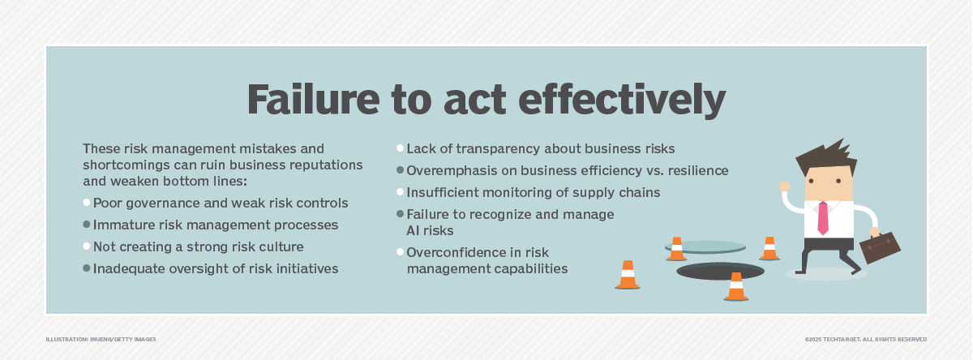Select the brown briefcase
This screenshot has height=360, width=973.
pyautogui.click(x=879, y=246)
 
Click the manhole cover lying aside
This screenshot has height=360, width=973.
pyautogui.click(x=705, y=246)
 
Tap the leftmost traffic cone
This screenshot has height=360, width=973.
pyautogui.click(x=628, y=275)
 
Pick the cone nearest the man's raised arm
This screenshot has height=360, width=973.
pyautogui.click(x=769, y=248)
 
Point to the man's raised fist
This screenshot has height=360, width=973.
pyautogui.click(x=785, y=186)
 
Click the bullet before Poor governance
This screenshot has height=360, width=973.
pyautogui.click(x=87, y=202)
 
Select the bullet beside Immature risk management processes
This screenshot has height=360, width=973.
pyautogui.click(x=87, y=224)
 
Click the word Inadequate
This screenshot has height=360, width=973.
pyautogui.click(x=126, y=268)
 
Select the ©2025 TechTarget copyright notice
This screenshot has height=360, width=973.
pyautogui.click(x=866, y=339)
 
